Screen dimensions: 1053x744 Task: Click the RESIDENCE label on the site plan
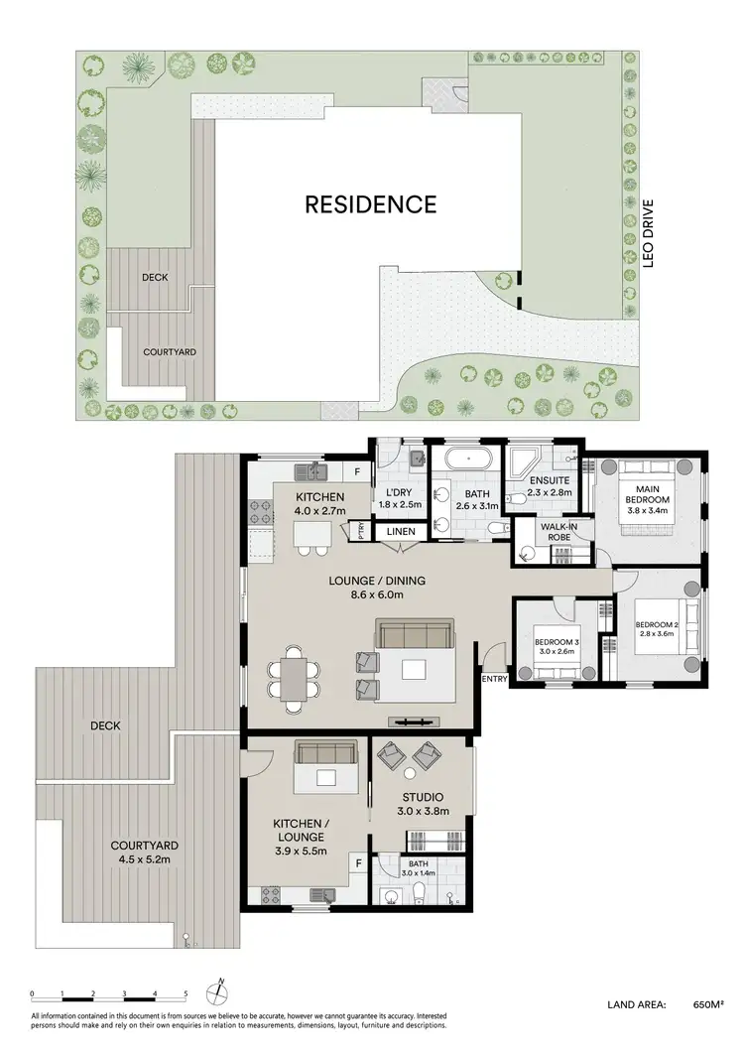370,204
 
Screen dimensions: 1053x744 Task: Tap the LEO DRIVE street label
650,234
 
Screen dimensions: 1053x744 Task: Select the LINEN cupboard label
401,532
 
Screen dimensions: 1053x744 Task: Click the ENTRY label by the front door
494,679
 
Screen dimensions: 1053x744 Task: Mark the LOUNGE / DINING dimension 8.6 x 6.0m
369,595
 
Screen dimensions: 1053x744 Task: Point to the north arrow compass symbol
220,991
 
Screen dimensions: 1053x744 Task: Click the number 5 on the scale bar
186,993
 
